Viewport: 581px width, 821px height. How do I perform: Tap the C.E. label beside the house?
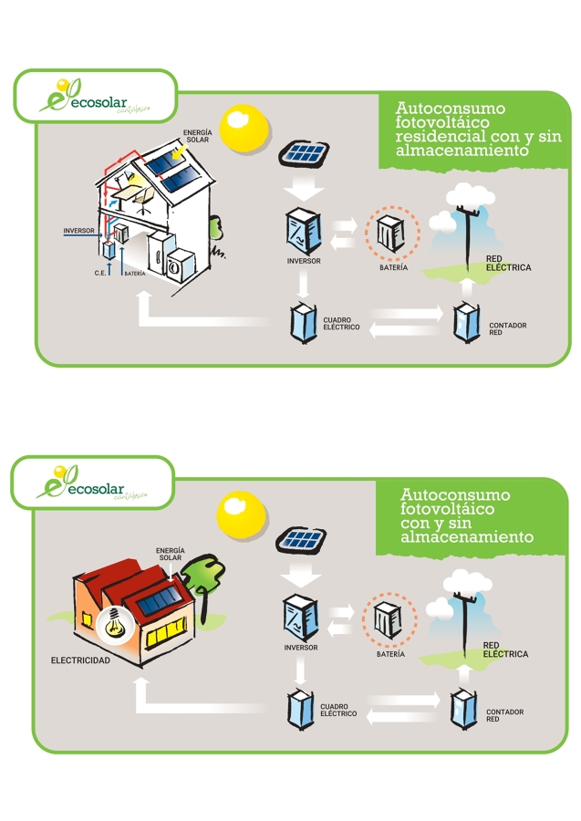click(x=100, y=273)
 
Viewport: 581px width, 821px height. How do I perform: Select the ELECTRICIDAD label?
click(x=80, y=660)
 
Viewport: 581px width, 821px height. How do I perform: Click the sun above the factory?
click(x=242, y=516)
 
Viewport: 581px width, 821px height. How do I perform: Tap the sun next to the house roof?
click(x=245, y=130)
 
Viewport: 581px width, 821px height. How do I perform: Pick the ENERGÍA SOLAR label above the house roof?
click(x=198, y=136)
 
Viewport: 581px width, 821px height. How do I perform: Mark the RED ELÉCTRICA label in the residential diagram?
click(x=508, y=264)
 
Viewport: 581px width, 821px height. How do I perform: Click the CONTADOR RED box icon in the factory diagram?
click(x=464, y=709)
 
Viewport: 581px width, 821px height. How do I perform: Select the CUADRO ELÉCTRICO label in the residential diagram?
click(x=341, y=324)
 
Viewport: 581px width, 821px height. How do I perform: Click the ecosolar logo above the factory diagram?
click(x=91, y=483)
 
